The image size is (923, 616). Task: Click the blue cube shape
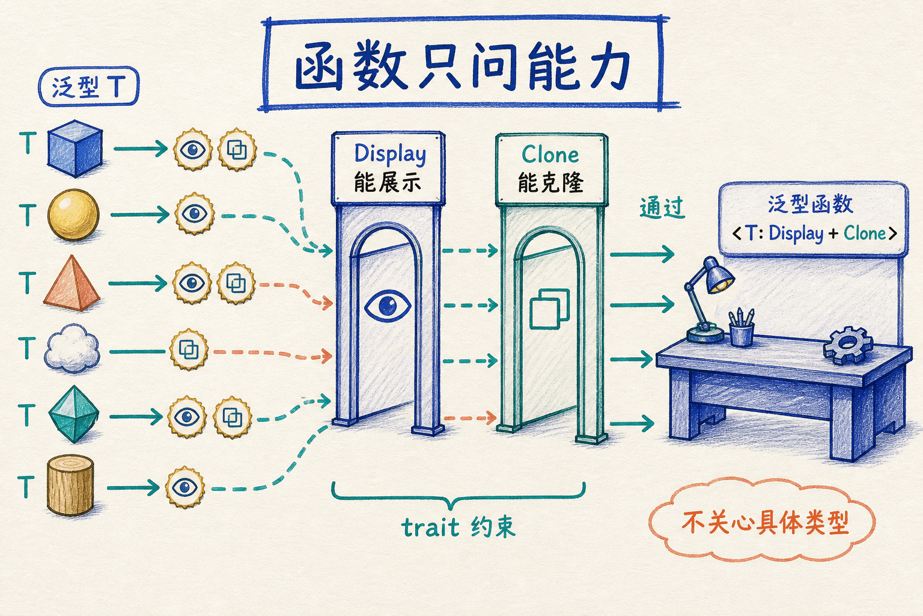coord(75,149)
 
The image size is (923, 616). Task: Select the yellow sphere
coord(73,215)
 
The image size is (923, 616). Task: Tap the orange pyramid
coord(72,283)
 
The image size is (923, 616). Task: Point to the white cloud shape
coord(73,348)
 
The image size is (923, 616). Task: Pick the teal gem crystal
coord(74,414)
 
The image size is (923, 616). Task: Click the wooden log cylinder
coord(70,485)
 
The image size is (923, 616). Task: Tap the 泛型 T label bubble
coord(89,86)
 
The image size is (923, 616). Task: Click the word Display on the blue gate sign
coord(390,155)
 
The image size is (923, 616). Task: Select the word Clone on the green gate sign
coord(550,155)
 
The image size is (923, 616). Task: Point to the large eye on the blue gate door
coord(388,306)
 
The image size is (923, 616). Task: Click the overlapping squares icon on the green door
coord(550,309)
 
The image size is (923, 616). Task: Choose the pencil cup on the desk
coord(742,328)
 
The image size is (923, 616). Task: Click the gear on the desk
coord(848,345)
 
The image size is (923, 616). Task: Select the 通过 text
coord(662,208)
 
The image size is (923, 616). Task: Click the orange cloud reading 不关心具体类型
coord(762,521)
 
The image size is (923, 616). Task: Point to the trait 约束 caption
coord(458,527)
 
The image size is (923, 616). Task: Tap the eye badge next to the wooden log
coord(185,487)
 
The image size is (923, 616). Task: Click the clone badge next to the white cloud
coord(189,350)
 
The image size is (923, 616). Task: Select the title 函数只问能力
coord(462,66)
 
